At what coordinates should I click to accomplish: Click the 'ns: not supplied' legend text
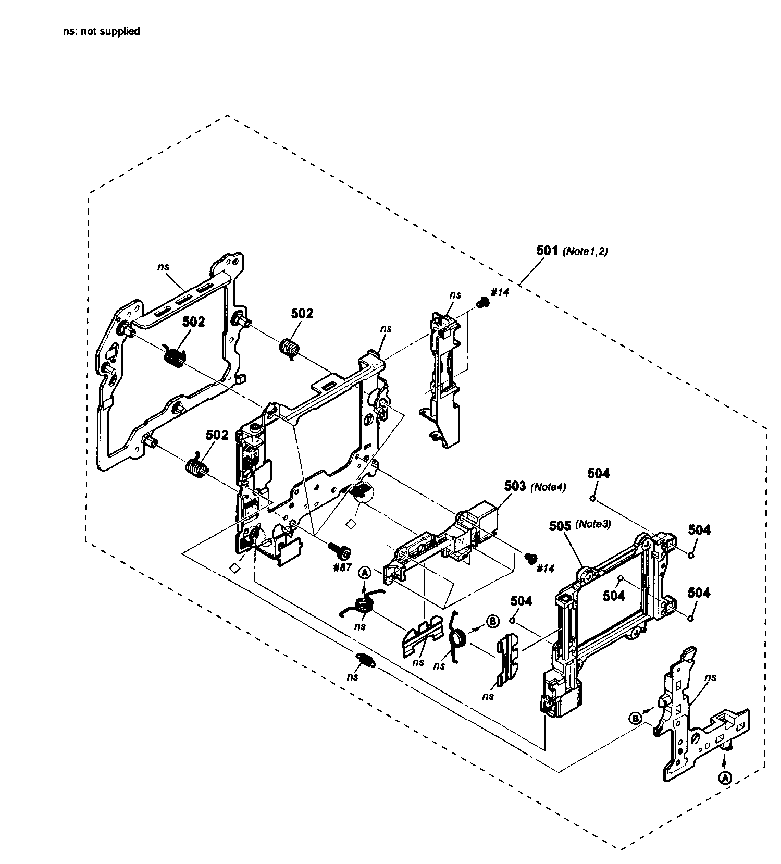(101, 31)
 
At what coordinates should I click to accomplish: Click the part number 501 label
(547, 250)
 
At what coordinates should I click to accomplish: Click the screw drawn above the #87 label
(340, 549)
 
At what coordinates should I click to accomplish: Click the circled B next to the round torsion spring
(492, 621)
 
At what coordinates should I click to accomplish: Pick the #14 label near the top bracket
(500, 292)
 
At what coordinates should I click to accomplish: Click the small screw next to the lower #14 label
(531, 558)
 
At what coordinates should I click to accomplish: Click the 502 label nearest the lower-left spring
(217, 435)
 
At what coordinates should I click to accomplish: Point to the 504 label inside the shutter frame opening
(614, 595)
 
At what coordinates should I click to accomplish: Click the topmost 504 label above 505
(599, 473)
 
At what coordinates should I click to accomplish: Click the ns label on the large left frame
(164, 266)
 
